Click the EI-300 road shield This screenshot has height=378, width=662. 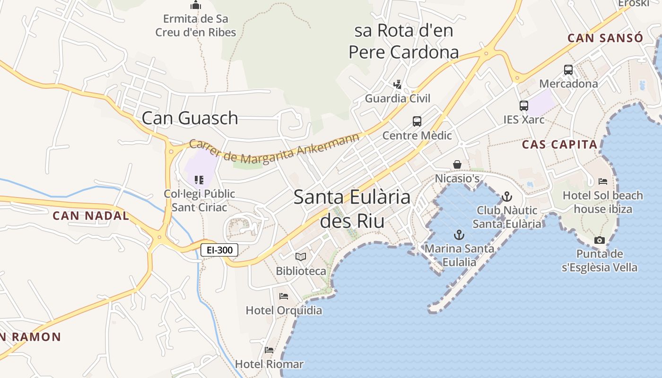[x=219, y=250]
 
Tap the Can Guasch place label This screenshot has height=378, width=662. [x=190, y=118]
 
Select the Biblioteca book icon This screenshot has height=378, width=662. [x=301, y=257]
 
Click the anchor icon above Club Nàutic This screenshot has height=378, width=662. [x=507, y=196]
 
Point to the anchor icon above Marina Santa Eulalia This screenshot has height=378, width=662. [x=459, y=234]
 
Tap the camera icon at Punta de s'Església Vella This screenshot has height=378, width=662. [x=599, y=240]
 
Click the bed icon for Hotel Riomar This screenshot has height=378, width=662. [x=269, y=350]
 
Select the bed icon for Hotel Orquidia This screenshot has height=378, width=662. [x=284, y=296]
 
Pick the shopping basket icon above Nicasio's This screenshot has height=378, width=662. [x=457, y=164]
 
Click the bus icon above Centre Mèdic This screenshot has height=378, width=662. [x=417, y=121]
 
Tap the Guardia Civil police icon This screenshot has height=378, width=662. [x=397, y=85]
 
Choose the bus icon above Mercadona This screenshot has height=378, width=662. [x=568, y=70]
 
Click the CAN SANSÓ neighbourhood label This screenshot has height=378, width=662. [x=605, y=38]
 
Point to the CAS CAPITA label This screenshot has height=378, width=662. [x=560, y=145]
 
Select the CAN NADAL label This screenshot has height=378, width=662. [x=90, y=216]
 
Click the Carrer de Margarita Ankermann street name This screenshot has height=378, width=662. [x=274, y=149]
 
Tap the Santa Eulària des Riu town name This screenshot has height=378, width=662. [x=352, y=208]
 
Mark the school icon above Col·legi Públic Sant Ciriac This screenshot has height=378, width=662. [x=199, y=180]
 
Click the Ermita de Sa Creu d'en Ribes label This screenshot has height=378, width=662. [x=196, y=26]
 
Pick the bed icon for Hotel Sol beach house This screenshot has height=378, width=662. [x=603, y=181]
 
